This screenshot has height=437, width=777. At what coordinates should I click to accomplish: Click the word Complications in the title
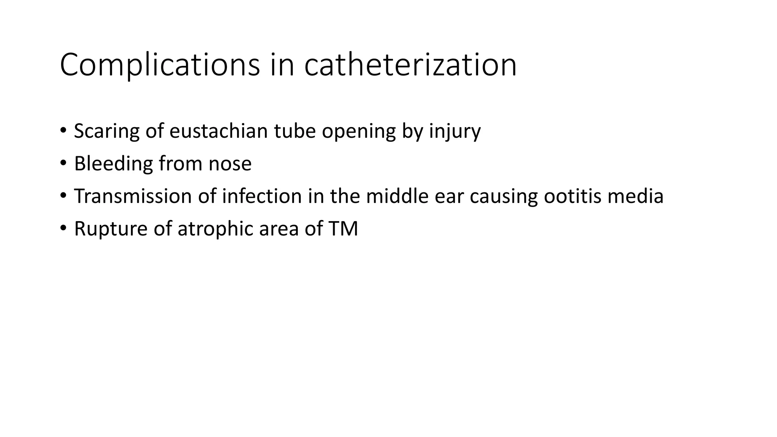coord(160,65)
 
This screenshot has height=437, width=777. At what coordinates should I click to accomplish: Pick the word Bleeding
coord(113,164)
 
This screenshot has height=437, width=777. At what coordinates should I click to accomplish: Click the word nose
coord(230,164)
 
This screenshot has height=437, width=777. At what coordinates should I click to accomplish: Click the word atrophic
coord(215,229)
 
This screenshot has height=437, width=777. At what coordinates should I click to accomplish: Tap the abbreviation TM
coord(343,229)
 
